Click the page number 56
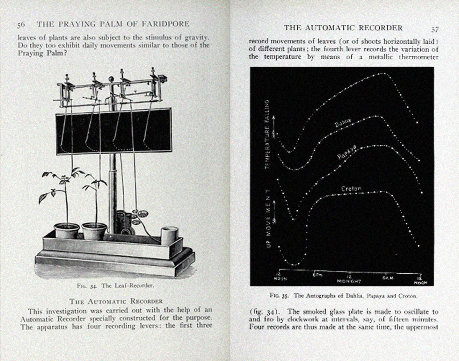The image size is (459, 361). click(x=21, y=25)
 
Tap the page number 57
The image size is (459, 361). click(x=435, y=30)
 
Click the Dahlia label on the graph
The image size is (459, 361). click(x=343, y=122)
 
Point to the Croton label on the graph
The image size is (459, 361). click(x=351, y=189)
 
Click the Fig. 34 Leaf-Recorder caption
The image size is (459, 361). click(x=115, y=285)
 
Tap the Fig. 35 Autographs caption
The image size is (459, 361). click(x=343, y=296)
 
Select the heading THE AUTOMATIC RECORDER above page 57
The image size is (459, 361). click(x=343, y=28)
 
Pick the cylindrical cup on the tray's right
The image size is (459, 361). click(x=170, y=235)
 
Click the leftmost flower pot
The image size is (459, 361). click(x=67, y=231)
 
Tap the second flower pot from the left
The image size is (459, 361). click(x=94, y=231)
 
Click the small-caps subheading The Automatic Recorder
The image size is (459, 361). click(x=116, y=301)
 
